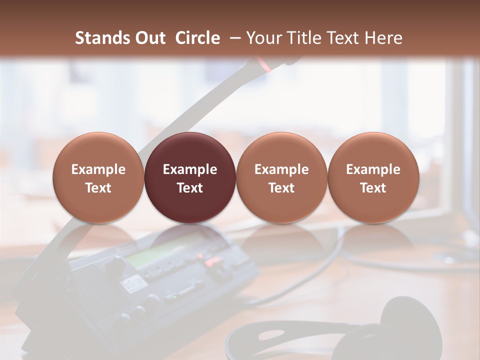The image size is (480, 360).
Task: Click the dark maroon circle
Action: tap(190, 177)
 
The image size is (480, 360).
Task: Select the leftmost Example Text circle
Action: tap(98, 177)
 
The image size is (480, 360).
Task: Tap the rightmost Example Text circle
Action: tap(373, 177)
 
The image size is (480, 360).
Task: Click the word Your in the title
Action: tap(263, 38)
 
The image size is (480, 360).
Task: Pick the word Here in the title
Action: tap(383, 38)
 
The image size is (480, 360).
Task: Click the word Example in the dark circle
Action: tap(190, 169)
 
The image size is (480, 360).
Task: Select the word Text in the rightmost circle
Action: tap(373, 188)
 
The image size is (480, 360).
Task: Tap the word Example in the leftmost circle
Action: tap(98, 169)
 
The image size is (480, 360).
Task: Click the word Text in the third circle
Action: tap(281, 188)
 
